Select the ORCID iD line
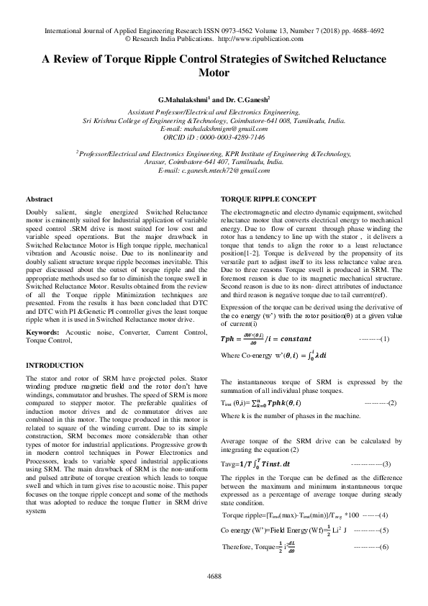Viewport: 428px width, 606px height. [214, 135]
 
